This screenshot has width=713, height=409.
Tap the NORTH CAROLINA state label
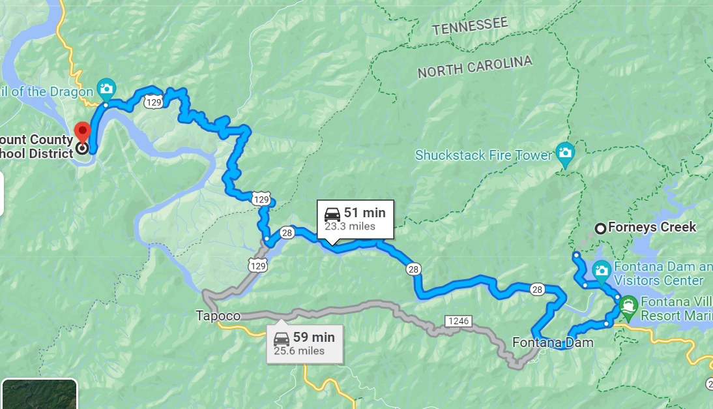tap(474, 67)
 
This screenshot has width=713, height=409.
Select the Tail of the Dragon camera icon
tap(106, 88)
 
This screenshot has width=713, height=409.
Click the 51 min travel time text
tap(365, 213)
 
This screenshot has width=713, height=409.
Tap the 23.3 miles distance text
tap(350, 226)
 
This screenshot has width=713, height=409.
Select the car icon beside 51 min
tap(332, 215)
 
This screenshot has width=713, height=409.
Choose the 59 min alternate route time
tap(313, 337)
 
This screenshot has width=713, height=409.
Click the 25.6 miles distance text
tap(298, 351)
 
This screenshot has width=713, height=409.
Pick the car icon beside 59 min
tap(282, 339)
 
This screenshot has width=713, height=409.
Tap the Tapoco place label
tap(218, 316)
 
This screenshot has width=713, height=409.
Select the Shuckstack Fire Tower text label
tap(483, 155)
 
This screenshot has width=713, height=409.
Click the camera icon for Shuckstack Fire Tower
tap(565, 153)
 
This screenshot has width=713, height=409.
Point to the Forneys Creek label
tap(652, 228)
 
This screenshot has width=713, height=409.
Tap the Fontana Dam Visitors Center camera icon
tap(601, 269)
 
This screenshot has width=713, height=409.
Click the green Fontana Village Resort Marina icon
tap(628, 304)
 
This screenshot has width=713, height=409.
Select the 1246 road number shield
tap(458, 321)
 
